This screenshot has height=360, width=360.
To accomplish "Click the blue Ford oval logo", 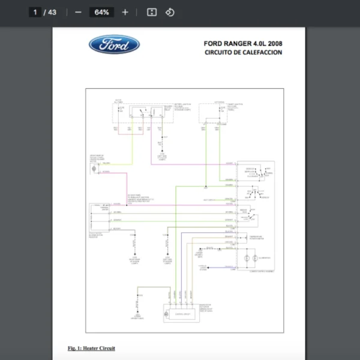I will (x=114, y=44).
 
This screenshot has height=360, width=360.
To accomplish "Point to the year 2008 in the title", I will (x=274, y=43).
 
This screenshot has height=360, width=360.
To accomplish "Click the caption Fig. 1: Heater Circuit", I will (x=91, y=348).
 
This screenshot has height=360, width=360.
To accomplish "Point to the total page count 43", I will (x=52, y=12).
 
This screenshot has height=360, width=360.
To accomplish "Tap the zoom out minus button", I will (x=78, y=12).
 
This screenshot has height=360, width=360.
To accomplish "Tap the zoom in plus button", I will (x=125, y=12).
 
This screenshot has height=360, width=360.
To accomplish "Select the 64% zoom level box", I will (x=101, y=12).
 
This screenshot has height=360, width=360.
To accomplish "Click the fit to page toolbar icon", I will (x=152, y=12).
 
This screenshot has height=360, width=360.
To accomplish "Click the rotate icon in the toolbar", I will (x=170, y=12).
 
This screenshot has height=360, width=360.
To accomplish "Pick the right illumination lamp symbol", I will (x=256, y=257).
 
